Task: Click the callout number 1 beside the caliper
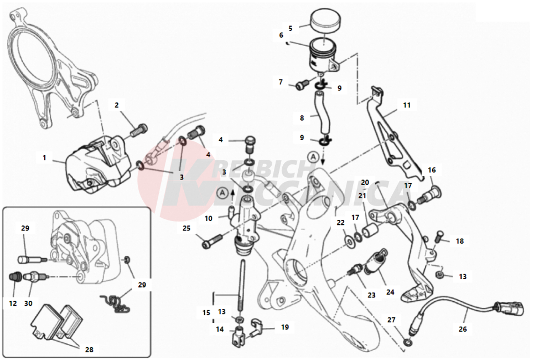coord(44,158)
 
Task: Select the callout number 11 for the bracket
coord(407,104)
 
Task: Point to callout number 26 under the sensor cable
coord(463,329)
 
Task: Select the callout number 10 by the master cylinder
coord(209,218)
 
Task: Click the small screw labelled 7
coord(301,84)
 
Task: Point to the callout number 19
coord(284,327)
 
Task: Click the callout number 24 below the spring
coord(390,292)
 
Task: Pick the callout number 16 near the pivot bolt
coord(432,170)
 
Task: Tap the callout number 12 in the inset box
coord(13,304)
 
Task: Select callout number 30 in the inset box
coord(28,304)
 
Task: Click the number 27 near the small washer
coord(391,320)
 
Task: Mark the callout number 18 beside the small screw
coord(460,241)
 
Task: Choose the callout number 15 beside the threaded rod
coord(206,313)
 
